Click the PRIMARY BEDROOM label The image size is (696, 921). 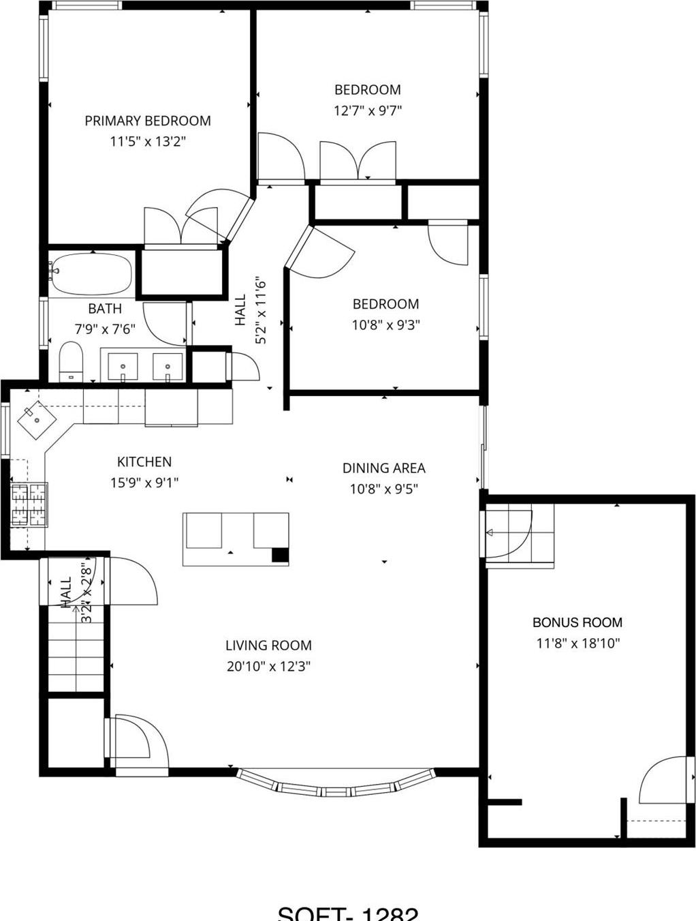point(148,121)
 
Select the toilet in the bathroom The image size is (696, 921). point(71,361)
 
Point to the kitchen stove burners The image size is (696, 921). point(29,504)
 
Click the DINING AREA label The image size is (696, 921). point(383,468)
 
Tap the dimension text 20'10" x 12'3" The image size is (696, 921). point(268,666)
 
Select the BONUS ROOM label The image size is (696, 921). point(577,622)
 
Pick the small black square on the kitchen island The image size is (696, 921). point(280,555)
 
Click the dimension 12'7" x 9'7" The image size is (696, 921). point(368,110)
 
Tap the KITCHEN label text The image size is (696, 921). point(144,462)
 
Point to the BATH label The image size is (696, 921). point(105,308)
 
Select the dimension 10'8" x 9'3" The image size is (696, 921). point(385,325)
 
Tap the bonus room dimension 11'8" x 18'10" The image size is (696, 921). point(578,643)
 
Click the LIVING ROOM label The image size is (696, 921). point(268,645)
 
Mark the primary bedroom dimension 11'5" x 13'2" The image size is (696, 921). point(148,142)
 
